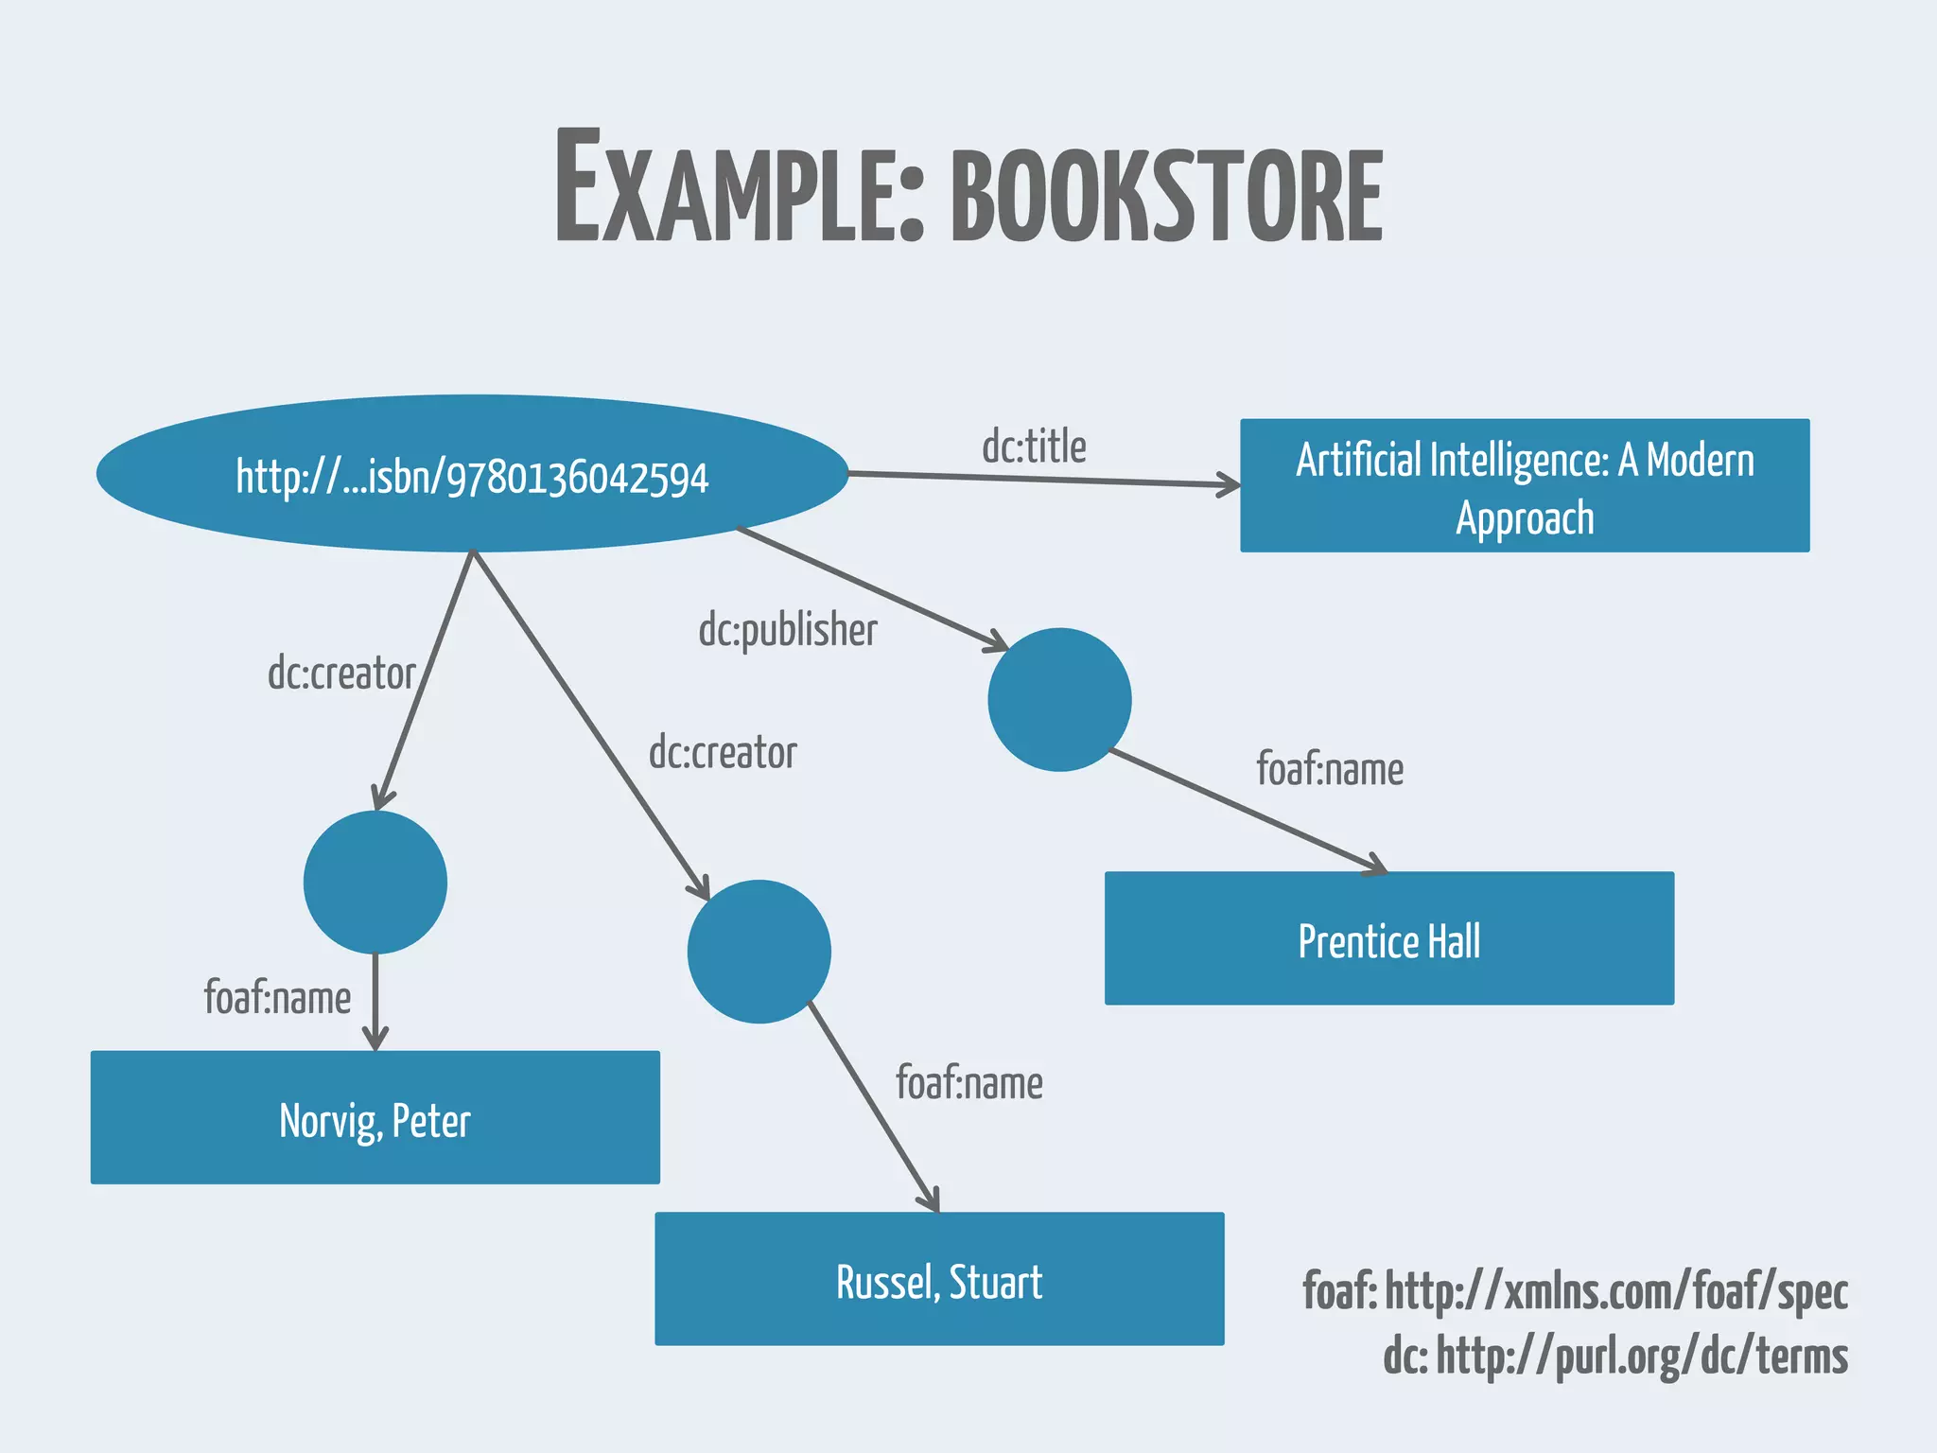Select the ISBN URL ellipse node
tap(472, 474)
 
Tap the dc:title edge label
tap(1034, 446)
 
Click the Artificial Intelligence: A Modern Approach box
tap(1525, 486)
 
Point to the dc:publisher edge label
tap(788, 630)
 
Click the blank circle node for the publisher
tap(1059, 700)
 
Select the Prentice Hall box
tap(1389, 938)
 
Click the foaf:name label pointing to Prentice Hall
tap(1330, 769)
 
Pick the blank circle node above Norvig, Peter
tap(375, 883)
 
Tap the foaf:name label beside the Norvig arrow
tap(277, 999)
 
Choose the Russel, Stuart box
tap(939, 1279)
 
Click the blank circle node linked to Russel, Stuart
tap(759, 952)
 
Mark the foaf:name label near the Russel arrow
tap(969, 1084)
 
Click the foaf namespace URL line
tap(1575, 1292)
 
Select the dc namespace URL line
tap(1614, 1357)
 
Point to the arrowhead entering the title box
tap(1230, 485)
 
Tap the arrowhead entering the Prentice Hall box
tap(1375, 866)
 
